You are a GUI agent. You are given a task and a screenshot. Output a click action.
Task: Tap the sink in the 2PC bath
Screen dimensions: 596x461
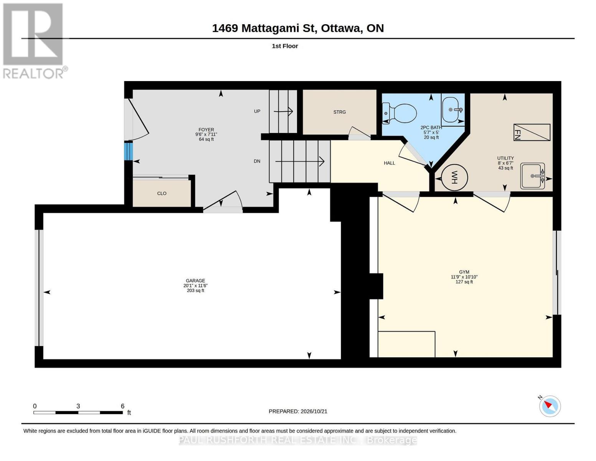tap(453, 109)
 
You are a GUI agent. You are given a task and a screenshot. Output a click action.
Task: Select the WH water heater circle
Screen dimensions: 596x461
tap(454, 177)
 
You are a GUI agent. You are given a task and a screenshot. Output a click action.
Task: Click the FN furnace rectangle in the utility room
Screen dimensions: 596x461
tap(532, 132)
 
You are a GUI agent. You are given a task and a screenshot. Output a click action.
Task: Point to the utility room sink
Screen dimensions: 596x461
tap(533, 176)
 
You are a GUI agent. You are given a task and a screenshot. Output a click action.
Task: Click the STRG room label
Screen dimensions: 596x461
tap(339, 112)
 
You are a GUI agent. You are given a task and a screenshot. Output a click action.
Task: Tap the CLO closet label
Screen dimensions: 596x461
tap(162, 193)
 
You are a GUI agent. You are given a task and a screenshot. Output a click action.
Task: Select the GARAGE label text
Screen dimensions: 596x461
tap(195, 280)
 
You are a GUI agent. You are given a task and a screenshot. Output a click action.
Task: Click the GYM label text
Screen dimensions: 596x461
tap(464, 272)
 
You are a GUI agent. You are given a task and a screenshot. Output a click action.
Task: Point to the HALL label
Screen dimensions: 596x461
tap(389, 163)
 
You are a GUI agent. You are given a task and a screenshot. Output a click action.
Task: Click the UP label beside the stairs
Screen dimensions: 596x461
tap(257, 111)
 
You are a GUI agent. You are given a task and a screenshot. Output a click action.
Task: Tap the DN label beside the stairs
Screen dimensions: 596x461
tap(257, 161)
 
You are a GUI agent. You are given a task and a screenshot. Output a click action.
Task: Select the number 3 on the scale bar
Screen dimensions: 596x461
tap(78, 406)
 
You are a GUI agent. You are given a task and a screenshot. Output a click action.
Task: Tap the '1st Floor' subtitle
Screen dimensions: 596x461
tap(285, 46)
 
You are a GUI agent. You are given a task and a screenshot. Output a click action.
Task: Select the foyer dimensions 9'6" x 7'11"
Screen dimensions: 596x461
tap(206, 134)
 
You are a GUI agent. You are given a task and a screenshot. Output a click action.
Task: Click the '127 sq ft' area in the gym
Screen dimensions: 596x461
tap(464, 282)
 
